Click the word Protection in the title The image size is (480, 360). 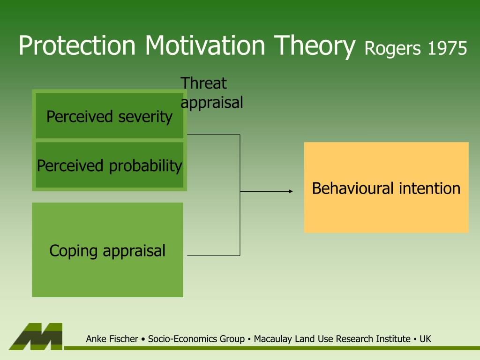tap(77, 45)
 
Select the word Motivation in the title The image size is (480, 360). tap(205, 45)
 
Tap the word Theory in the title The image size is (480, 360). tap(315, 47)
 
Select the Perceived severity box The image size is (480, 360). tap(110, 116)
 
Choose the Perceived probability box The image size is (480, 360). tap(110, 165)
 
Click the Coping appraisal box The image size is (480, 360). tap(108, 250)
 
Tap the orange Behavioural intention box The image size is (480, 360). tap(386, 187)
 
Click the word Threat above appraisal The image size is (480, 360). tap(203, 83)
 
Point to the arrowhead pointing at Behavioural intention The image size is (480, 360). tap(291, 191)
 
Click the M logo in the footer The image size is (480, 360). tap(36, 337)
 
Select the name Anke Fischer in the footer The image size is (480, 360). tap(112, 339)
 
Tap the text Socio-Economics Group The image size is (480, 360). tap(196, 339)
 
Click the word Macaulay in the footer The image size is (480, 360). tap(273, 339)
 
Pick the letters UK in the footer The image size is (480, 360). tap(425, 339)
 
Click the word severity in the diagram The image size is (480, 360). tap(145, 117)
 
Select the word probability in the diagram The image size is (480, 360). tap(146, 166)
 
